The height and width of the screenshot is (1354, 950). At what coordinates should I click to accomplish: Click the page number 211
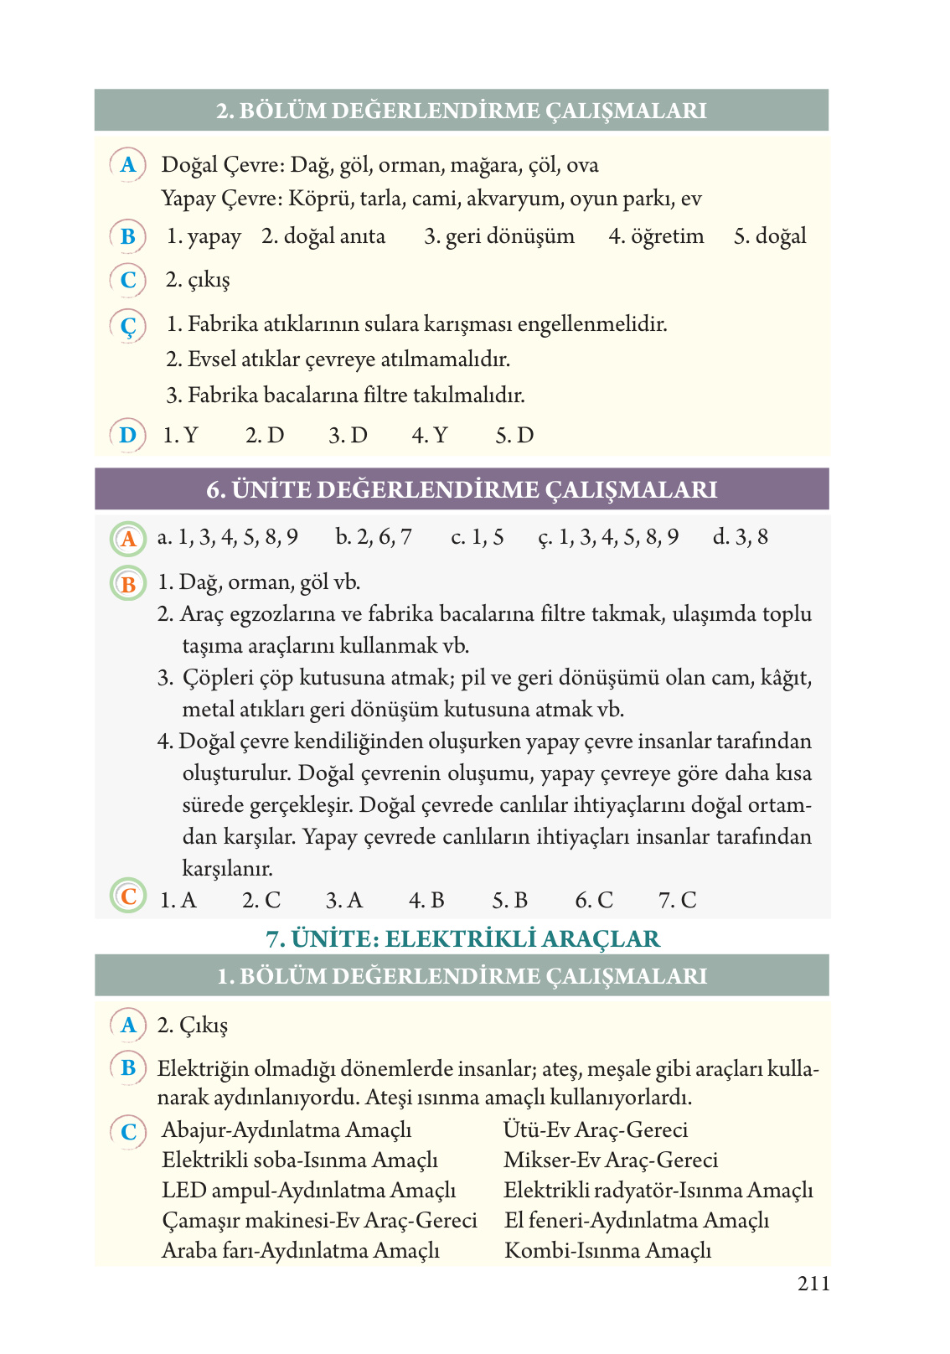813,1284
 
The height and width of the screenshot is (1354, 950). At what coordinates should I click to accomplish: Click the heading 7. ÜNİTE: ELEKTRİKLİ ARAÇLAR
462,938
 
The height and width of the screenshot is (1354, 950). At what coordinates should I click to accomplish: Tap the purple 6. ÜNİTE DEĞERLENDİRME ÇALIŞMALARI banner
462,489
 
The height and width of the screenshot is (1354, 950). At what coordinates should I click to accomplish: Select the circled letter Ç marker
128,326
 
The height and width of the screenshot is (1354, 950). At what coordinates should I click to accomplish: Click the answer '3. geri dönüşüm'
499,236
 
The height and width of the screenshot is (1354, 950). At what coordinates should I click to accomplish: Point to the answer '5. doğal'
770,236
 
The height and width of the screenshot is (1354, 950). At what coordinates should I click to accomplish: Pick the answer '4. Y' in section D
430,436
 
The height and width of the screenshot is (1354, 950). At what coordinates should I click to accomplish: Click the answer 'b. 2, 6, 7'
374,537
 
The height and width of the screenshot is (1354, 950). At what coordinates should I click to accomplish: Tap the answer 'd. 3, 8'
740,537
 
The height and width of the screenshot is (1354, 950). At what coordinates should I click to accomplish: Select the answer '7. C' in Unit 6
677,900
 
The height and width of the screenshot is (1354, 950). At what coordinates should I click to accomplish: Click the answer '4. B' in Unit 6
426,900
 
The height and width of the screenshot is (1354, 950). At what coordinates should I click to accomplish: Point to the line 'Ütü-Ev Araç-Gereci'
596,1129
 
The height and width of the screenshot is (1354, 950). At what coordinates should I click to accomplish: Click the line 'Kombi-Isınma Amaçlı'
607,1250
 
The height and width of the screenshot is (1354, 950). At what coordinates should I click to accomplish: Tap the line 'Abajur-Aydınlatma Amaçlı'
287,1129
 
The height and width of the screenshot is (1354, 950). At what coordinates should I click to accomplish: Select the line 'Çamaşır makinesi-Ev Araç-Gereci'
319,1220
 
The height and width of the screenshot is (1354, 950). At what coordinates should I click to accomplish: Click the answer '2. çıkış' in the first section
198,280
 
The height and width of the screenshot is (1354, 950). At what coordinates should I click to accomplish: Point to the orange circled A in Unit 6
128,539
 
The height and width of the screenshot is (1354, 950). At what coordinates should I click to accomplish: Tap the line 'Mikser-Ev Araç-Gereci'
611,1160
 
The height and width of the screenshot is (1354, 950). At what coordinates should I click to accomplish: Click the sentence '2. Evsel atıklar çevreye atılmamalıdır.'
338,359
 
